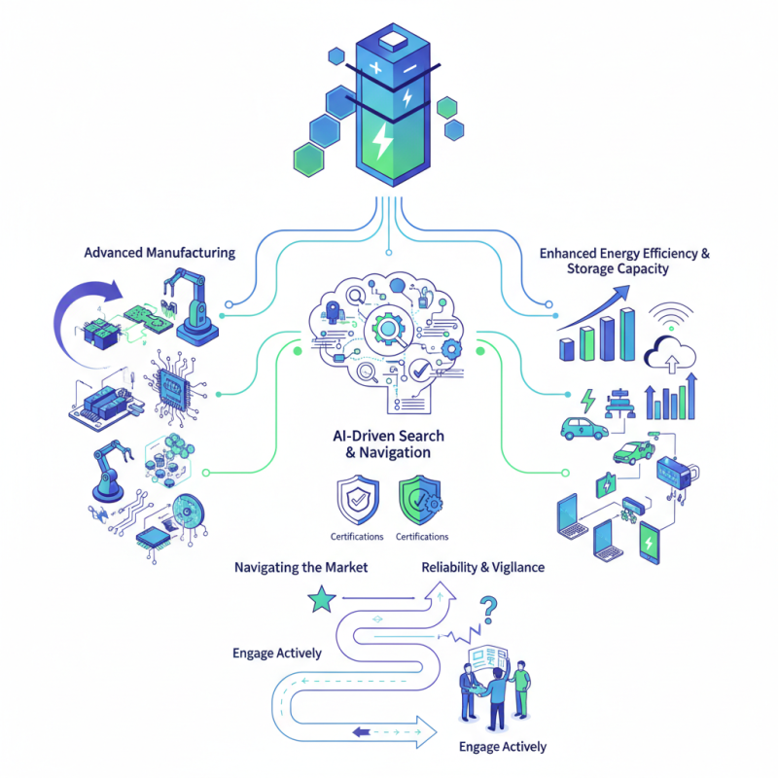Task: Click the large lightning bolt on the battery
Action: click(383, 143)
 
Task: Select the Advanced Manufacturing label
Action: click(159, 252)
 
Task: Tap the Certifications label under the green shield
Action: click(422, 537)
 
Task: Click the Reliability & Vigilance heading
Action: click(482, 567)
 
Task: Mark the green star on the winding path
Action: click(318, 601)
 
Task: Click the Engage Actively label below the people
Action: click(502, 747)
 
